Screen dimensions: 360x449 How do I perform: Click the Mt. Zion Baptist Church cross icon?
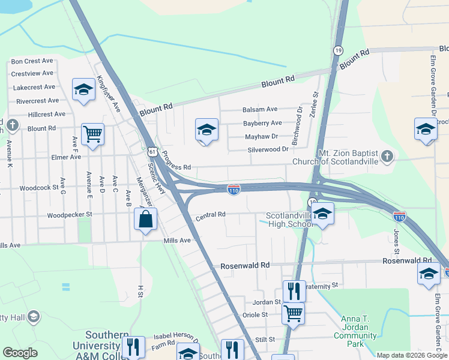pos(388,157)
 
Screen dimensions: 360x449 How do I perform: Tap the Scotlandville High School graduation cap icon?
pos(324,215)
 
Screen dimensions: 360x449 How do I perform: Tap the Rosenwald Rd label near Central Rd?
pos(245,265)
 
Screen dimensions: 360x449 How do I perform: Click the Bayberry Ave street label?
pos(262,123)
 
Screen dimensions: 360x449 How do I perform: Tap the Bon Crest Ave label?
pos(32,61)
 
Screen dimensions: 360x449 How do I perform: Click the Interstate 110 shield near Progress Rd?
pos(234,190)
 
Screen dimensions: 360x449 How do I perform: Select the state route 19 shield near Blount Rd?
pos(339,50)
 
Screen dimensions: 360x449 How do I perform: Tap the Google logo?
pos(20,353)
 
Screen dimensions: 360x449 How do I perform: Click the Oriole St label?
pos(255,314)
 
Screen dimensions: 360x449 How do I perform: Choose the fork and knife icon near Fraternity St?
pos(294,290)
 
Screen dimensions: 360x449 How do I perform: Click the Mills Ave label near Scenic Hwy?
pos(177,240)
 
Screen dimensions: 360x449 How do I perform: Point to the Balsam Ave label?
pos(260,109)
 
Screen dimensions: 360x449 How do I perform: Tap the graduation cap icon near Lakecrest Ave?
pos(83,89)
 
